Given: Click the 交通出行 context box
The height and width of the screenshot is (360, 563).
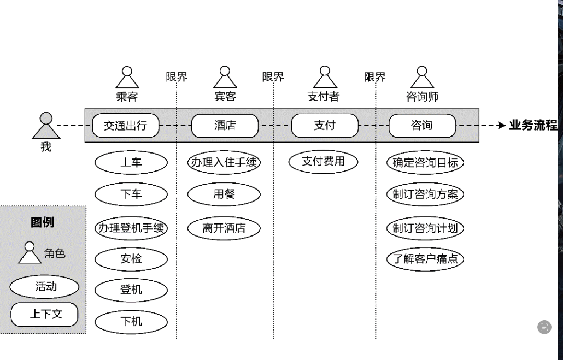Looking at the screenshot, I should (125, 126).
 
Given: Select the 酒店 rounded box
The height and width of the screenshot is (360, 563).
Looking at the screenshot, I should (225, 126).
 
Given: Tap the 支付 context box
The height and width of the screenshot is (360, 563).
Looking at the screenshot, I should (325, 126).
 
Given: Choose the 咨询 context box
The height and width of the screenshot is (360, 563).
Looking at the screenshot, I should (422, 126).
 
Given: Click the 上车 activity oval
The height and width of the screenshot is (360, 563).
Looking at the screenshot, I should (131, 162).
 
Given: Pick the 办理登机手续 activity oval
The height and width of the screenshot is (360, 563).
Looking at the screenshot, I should (131, 228).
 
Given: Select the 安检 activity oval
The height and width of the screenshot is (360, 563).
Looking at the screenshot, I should (131, 259).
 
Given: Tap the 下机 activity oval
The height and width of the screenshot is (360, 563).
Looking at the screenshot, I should (131, 322).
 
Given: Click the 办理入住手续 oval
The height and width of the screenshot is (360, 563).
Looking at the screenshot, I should (224, 162).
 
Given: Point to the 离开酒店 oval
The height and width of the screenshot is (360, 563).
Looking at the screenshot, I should (224, 228).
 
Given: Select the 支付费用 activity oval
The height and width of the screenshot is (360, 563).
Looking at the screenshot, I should (324, 161).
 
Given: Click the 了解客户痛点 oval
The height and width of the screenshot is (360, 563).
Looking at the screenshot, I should (425, 259).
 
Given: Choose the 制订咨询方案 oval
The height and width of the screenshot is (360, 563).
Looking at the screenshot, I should (425, 194).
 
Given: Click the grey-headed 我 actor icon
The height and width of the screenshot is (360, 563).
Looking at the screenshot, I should (46, 126).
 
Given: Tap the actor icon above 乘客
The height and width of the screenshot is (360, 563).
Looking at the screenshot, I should (127, 78).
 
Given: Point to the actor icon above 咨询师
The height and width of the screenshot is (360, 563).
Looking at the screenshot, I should (421, 78).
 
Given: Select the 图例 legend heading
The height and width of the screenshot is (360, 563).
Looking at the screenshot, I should (43, 222).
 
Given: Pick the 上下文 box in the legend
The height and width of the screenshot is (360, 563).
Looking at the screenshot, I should (45, 314).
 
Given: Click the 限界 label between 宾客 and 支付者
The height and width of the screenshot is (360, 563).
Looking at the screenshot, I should (273, 77).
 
